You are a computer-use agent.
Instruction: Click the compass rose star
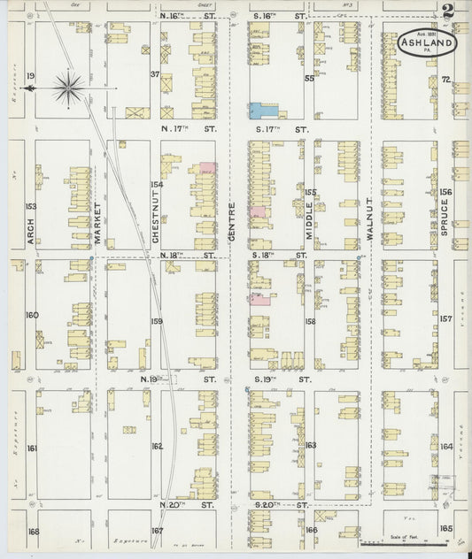69,87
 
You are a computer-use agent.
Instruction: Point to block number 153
32,206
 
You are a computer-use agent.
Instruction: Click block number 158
310,321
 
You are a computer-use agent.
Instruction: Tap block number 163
310,445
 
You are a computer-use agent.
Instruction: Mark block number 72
446,80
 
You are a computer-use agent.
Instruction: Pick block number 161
32,448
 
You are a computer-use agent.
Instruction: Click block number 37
154,74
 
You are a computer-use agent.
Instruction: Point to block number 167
157,531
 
